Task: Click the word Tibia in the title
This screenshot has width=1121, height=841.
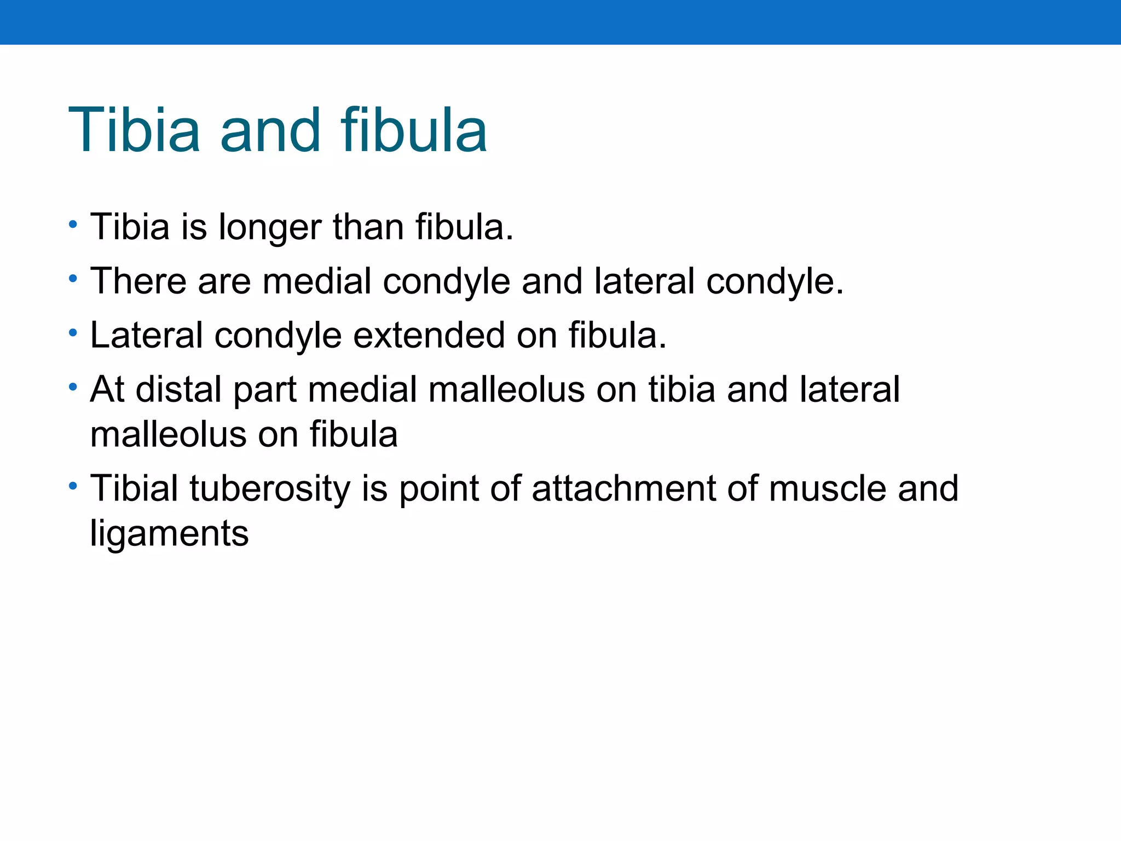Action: click(134, 130)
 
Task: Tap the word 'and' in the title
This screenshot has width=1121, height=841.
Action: click(270, 130)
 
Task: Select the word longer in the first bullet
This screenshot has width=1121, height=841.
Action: click(269, 227)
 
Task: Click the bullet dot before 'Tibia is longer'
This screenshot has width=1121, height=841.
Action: click(73, 224)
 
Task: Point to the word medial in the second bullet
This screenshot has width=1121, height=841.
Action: click(317, 281)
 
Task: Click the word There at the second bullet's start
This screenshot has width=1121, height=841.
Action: click(138, 281)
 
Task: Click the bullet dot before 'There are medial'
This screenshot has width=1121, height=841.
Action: click(73, 279)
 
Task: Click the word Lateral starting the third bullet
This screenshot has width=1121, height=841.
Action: click(146, 335)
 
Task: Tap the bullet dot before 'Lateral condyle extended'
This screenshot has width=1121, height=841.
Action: click(73, 333)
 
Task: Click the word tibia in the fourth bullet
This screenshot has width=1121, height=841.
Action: click(681, 390)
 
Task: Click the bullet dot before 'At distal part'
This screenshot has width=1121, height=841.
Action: click(73, 387)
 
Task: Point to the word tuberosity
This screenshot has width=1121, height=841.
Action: click(269, 488)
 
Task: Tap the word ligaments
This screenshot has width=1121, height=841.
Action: click(169, 534)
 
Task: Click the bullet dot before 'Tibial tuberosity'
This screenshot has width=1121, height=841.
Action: click(73, 486)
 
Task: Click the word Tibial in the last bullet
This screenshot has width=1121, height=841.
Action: click(134, 488)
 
